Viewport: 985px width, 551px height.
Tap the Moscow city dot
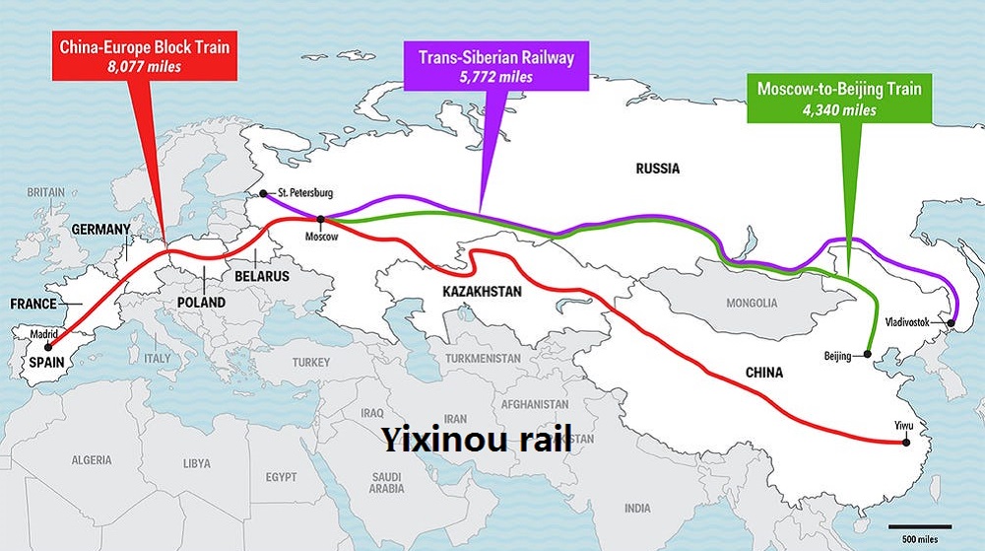coord(321,219)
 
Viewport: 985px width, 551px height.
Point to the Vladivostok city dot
coord(952,322)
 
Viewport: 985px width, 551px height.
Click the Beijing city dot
coord(866,354)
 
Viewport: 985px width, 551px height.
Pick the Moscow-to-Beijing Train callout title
coord(839,89)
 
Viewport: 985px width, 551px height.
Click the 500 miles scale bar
coord(920,527)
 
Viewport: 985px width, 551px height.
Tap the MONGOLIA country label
coord(751,303)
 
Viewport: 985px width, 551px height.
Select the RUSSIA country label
coord(657,169)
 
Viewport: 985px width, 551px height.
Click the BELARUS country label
coord(261,277)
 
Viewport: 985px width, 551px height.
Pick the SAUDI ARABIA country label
coord(387,482)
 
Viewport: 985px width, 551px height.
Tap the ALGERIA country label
coord(92,460)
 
